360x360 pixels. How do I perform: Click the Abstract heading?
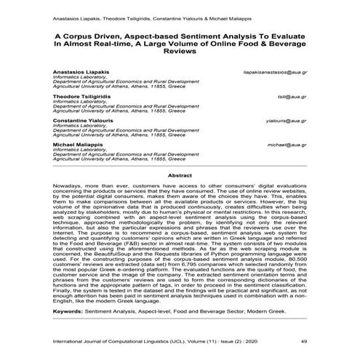[x=180, y=175]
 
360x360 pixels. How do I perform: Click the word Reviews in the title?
[x=180, y=52]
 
